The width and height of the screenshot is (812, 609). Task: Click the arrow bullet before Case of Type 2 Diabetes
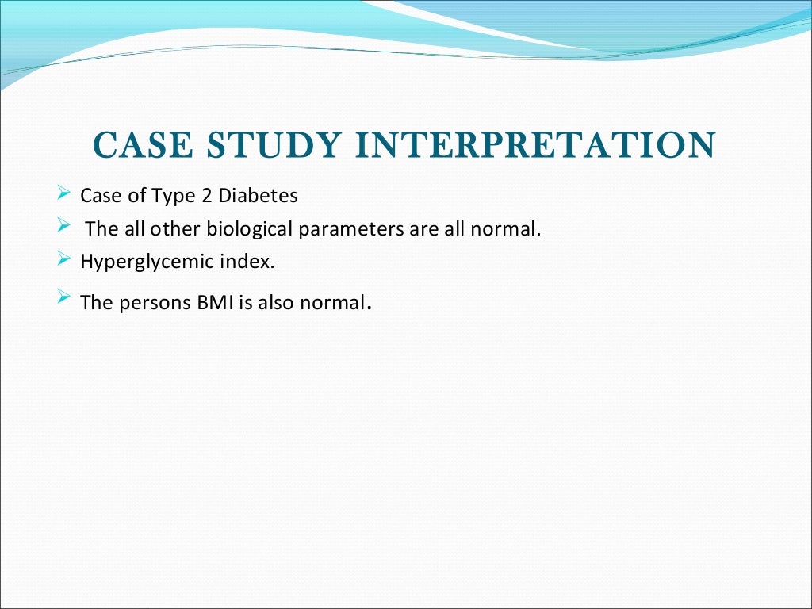[64, 193]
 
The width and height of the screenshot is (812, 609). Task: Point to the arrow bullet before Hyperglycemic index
[64, 258]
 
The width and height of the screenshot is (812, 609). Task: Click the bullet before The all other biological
[64, 226]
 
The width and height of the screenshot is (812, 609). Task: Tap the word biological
[250, 230]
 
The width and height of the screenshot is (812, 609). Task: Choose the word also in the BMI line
[274, 303]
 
